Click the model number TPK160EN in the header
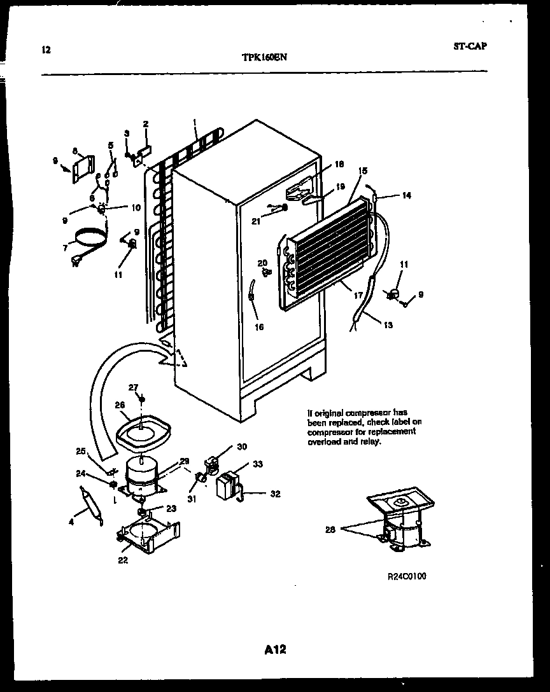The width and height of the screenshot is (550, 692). coord(265,56)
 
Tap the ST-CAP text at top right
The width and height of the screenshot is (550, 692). coord(470,46)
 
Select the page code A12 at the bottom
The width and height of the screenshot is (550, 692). coord(275,649)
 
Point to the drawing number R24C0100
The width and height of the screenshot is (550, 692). coord(407,576)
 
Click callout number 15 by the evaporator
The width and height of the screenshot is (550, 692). coord(363,170)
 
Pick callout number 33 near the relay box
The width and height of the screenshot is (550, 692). coord(258,464)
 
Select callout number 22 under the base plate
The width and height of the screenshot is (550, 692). coord(122,560)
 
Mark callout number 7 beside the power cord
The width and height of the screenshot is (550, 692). coord(65,247)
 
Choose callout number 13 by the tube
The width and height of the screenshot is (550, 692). coord(388,325)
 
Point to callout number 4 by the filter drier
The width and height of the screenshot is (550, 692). coord(71,522)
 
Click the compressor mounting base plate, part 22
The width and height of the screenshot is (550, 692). coord(148,534)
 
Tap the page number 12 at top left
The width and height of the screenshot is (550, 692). coord(45,50)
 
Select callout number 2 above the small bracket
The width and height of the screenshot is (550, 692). coord(145,123)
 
